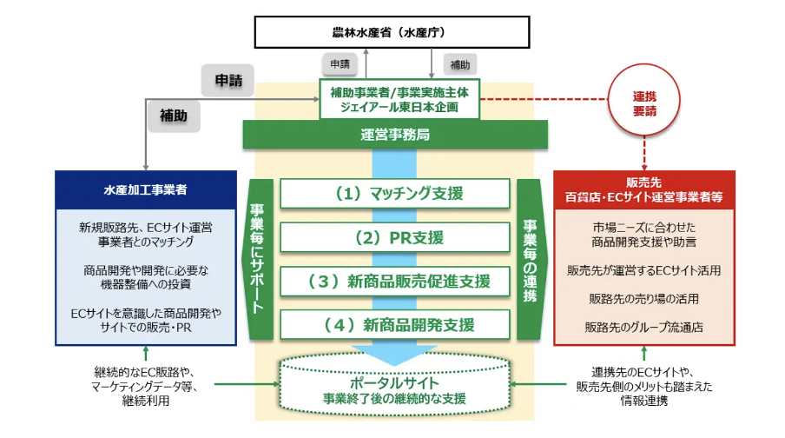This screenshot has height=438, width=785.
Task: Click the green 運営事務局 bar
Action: (395, 135)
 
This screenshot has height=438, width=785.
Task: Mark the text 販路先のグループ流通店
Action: (643, 328)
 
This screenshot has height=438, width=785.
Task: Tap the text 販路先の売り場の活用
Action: (643, 299)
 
